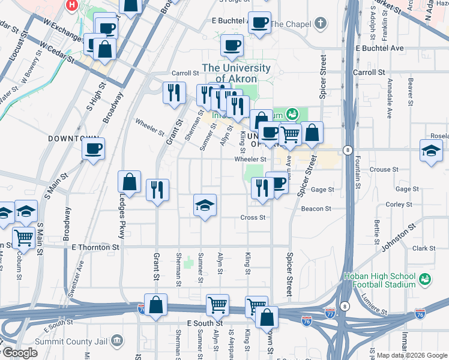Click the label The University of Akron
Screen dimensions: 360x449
click(x=236, y=73)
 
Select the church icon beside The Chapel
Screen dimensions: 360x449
click(x=321, y=24)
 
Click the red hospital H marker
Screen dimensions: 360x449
click(x=72, y=5)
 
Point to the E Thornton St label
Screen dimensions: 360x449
click(x=95, y=247)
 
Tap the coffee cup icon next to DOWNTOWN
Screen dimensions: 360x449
click(x=93, y=148)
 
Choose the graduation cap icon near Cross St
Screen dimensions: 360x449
click(x=205, y=206)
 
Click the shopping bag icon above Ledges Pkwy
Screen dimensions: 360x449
click(x=129, y=181)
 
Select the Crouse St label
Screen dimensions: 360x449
click(x=381, y=170)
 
